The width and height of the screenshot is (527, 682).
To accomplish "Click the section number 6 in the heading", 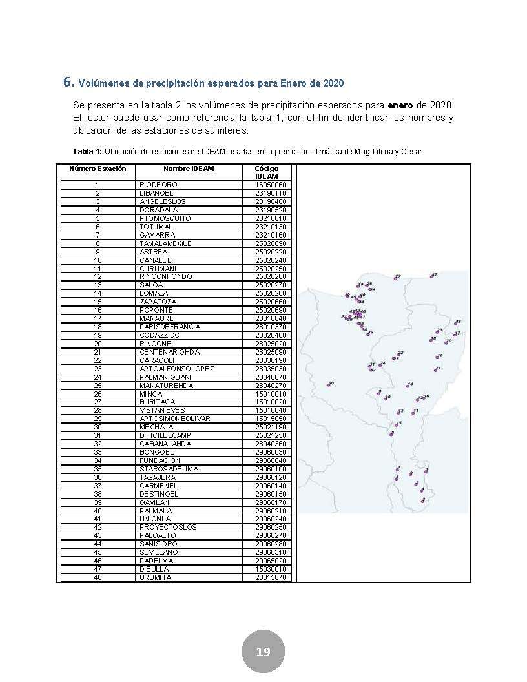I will click(x=67, y=82).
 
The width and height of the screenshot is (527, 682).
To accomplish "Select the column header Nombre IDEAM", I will click(x=189, y=169).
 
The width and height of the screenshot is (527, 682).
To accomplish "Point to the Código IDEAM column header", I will click(x=267, y=172).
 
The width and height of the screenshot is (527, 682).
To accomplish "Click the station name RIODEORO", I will click(x=158, y=185).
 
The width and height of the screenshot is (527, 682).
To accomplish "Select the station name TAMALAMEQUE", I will click(x=165, y=243).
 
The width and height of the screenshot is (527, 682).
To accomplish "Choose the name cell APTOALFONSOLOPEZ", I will click(x=176, y=369).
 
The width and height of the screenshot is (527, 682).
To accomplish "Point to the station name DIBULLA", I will click(x=155, y=569).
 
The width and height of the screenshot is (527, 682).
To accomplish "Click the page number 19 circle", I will click(x=263, y=652).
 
